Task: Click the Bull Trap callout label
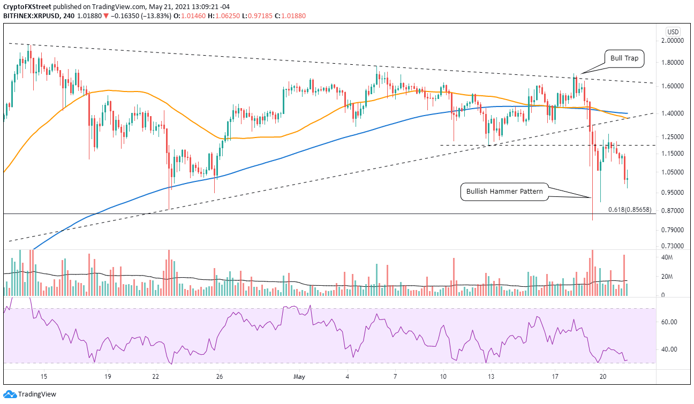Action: [x=624, y=58]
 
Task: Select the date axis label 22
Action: [x=156, y=376]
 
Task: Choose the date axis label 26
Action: [x=220, y=376]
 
